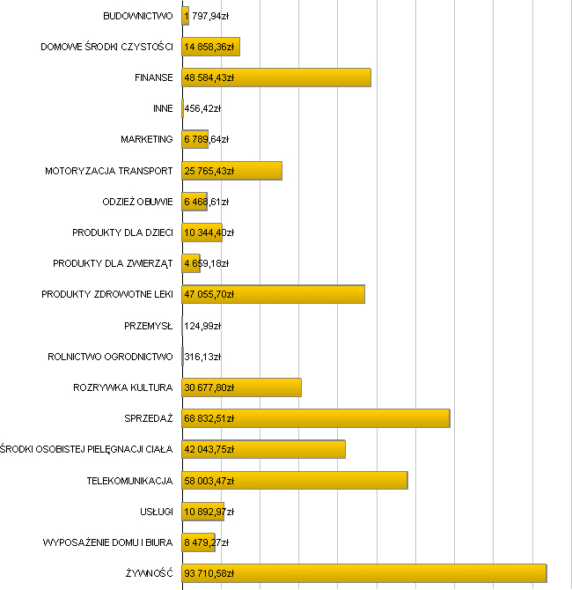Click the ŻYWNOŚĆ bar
(x=364, y=573)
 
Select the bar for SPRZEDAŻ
(x=316, y=418)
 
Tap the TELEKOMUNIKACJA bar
(x=295, y=480)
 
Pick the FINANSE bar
(x=276, y=77)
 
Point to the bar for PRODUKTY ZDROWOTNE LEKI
(x=274, y=294)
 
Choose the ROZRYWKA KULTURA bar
(x=242, y=387)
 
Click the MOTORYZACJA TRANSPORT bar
(x=232, y=171)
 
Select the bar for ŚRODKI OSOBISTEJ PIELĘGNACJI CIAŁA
(x=264, y=449)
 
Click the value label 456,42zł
(x=202, y=108)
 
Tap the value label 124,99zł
(x=202, y=326)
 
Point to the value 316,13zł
(x=202, y=357)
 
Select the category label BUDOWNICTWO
(x=138, y=16)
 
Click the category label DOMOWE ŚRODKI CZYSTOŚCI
(x=107, y=47)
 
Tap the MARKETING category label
(x=147, y=139)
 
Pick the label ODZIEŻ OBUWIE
(x=138, y=202)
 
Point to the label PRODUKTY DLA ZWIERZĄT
(x=113, y=263)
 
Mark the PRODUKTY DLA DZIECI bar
(x=202, y=232)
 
